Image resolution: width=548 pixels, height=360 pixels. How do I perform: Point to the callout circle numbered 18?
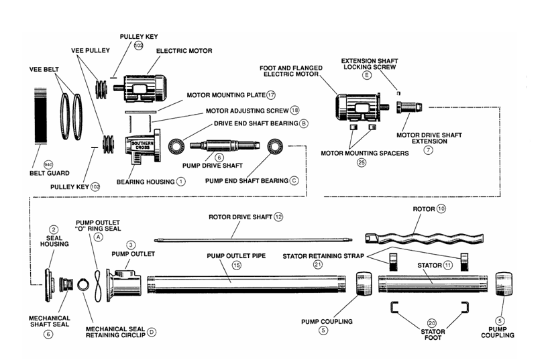294,109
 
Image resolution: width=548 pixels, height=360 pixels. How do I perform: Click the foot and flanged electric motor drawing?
359,105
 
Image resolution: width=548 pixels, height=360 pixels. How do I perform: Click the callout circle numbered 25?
362,162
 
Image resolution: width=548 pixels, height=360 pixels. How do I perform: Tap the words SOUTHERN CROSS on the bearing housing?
142,145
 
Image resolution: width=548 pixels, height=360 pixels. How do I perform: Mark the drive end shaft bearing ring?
178,145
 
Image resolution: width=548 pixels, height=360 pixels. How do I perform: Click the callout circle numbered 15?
236,265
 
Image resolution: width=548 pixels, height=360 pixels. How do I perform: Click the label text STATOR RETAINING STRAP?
322,255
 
